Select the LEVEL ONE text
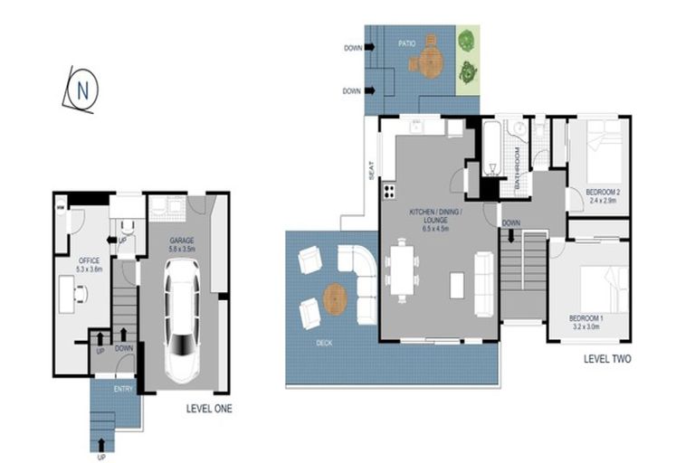(208, 409)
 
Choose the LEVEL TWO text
(607, 359)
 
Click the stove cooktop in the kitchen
(390, 191)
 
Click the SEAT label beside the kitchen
(371, 171)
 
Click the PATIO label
(407, 42)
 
